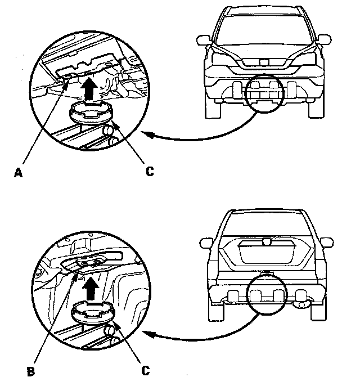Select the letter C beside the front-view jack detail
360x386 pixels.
[x=150, y=171]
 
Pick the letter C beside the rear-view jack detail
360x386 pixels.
[x=145, y=370]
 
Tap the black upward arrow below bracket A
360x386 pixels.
[x=87, y=88]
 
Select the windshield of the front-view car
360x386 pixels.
[x=263, y=28]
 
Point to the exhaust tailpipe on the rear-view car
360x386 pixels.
[x=302, y=304]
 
